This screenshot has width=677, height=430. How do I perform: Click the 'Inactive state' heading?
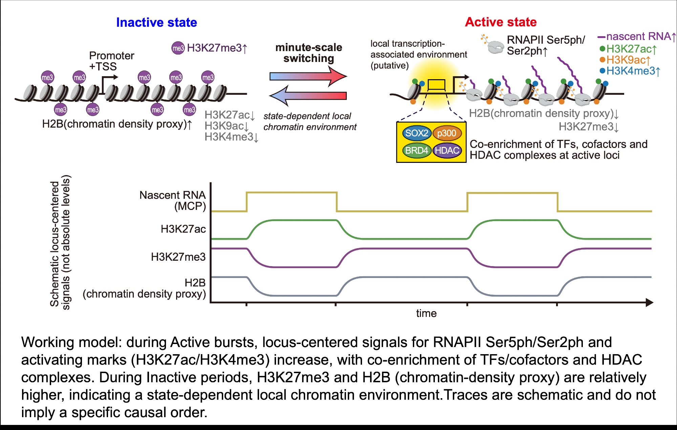pos(156,22)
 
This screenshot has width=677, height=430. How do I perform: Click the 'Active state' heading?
pos(501,22)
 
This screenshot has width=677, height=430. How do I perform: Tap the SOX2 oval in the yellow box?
pos(417,133)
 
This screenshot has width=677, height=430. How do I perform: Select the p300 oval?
pos(447,133)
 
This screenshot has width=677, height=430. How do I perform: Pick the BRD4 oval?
pos(417,150)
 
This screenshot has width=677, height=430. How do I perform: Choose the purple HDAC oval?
pos(447,150)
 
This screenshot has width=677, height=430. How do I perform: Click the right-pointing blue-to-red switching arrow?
pos(308,76)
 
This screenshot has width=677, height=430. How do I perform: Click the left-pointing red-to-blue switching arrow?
pos(308,96)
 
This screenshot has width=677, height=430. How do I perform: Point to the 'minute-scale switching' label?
pos(309,53)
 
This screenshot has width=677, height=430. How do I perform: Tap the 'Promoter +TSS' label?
pos(111,61)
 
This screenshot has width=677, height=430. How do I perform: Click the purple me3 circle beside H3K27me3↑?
pos(178,48)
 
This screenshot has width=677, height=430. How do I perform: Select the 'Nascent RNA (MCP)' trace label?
pos(173,200)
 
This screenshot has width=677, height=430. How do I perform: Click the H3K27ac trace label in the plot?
pos(183,229)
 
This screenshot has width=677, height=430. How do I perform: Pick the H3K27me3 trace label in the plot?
pos(178,257)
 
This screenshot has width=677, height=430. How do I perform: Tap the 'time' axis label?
pos(426,313)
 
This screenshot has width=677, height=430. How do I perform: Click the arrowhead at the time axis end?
pos(649,302)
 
